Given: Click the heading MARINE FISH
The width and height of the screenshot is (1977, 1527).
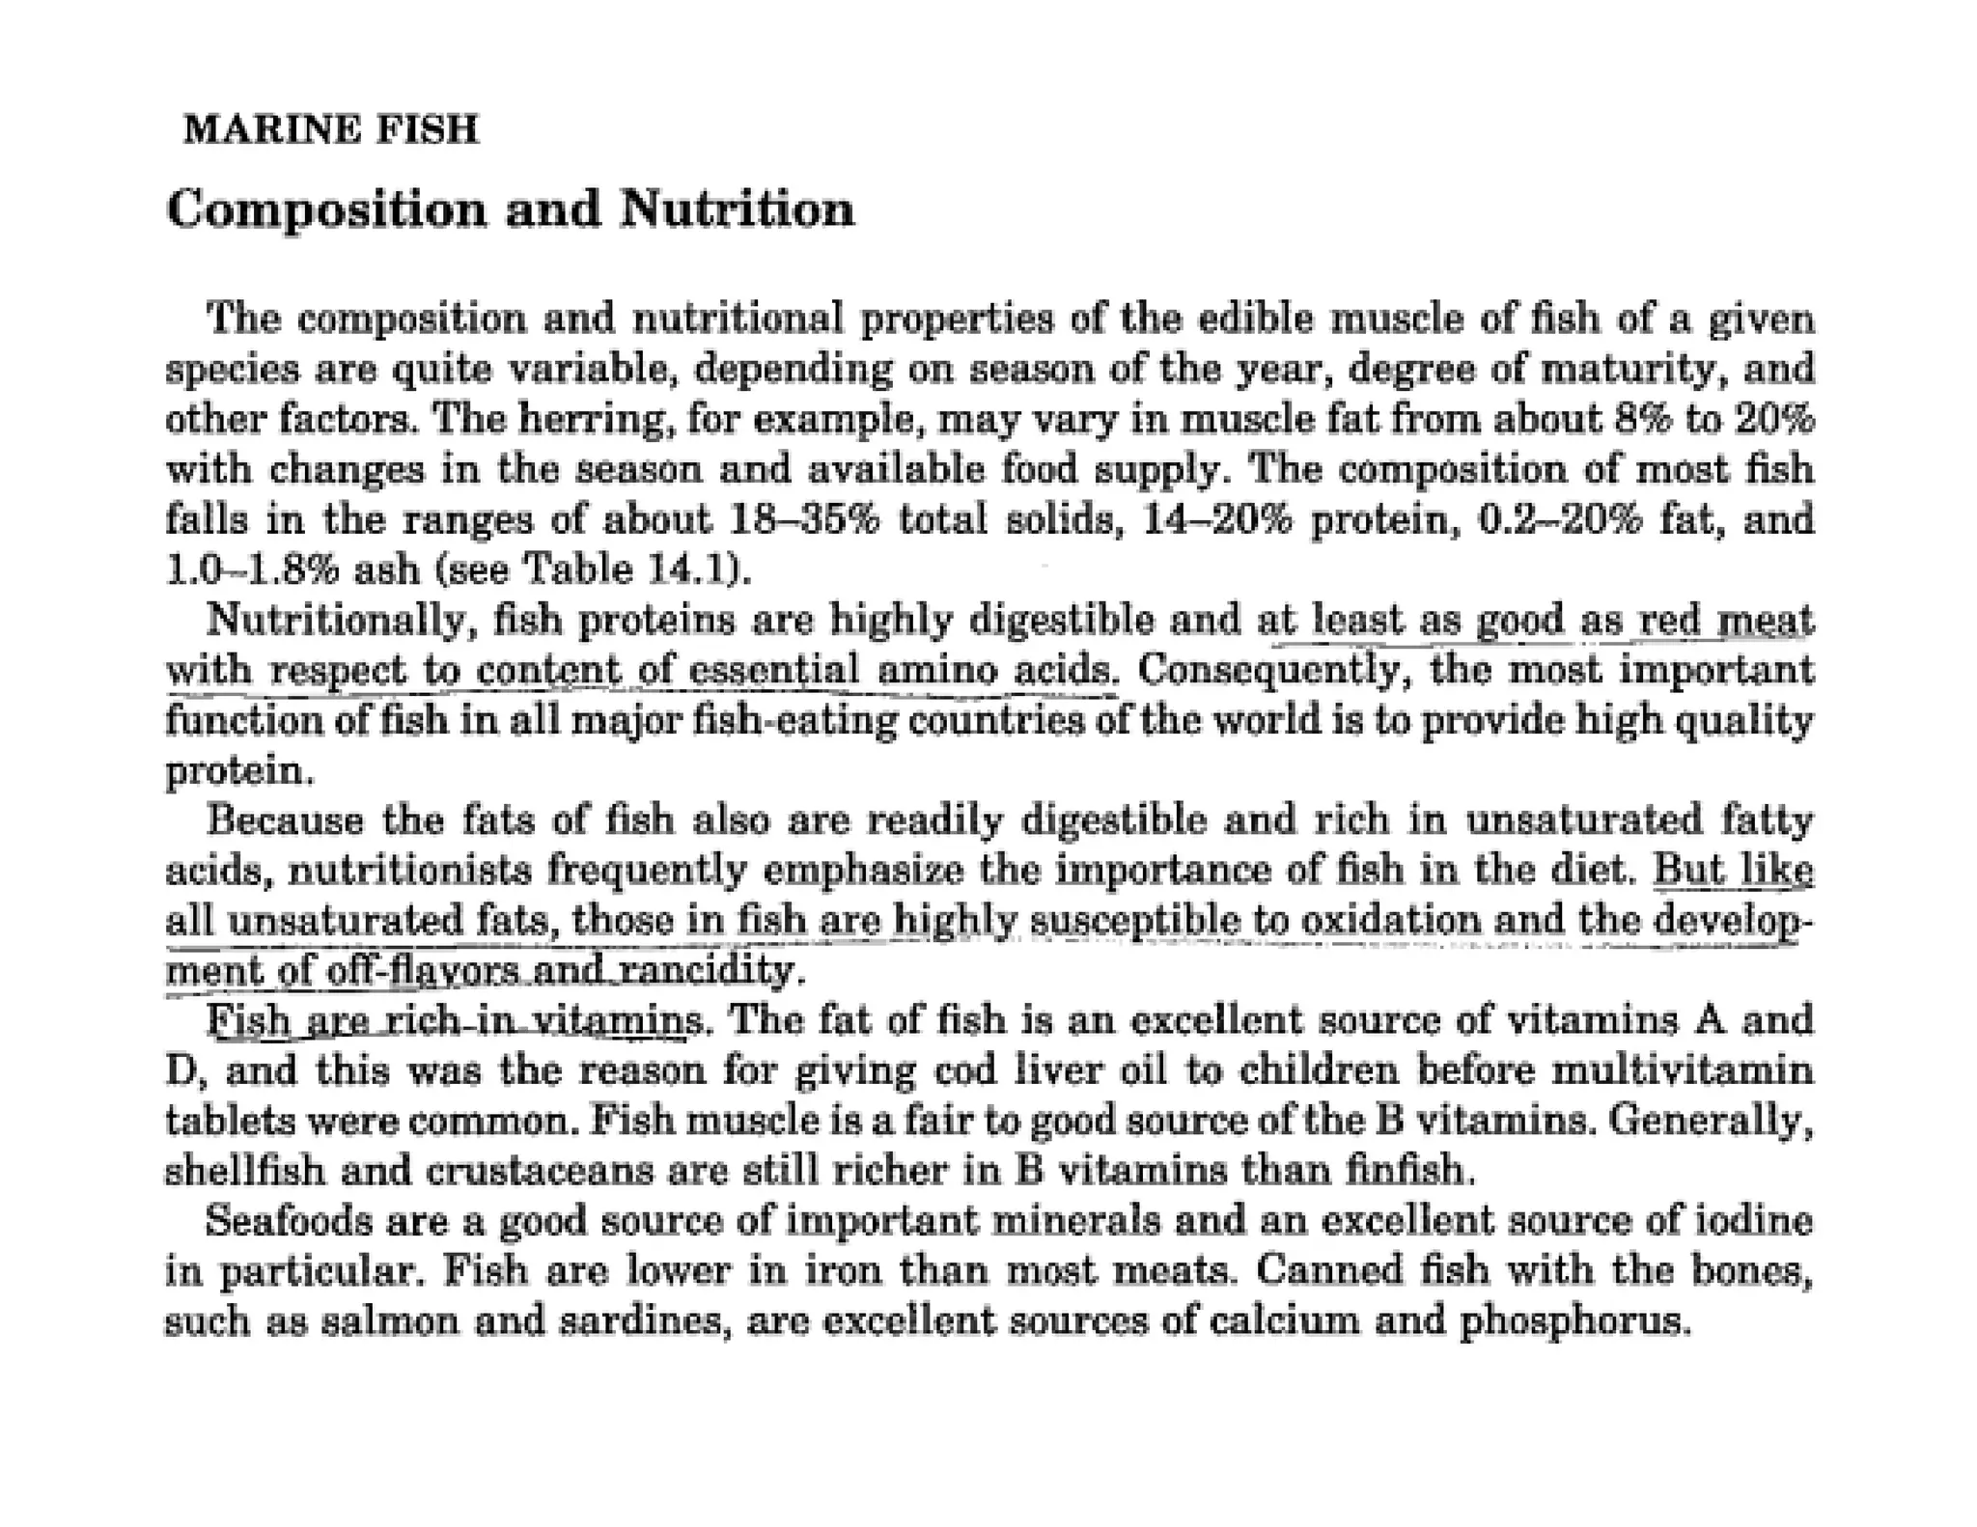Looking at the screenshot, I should coord(330,129).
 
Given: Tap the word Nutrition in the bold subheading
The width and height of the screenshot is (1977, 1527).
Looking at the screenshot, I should coord(737,208).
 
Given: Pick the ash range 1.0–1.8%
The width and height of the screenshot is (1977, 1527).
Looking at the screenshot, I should coord(253,570).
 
